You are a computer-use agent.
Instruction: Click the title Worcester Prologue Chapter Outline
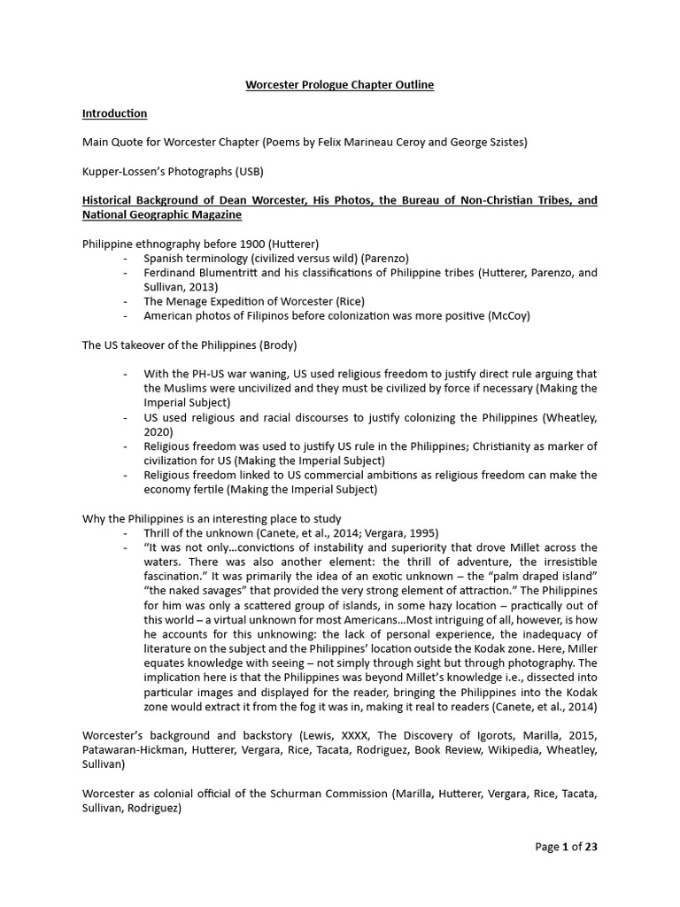click(340, 85)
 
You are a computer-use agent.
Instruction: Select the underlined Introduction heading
click(114, 113)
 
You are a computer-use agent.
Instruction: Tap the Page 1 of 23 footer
click(566, 847)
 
